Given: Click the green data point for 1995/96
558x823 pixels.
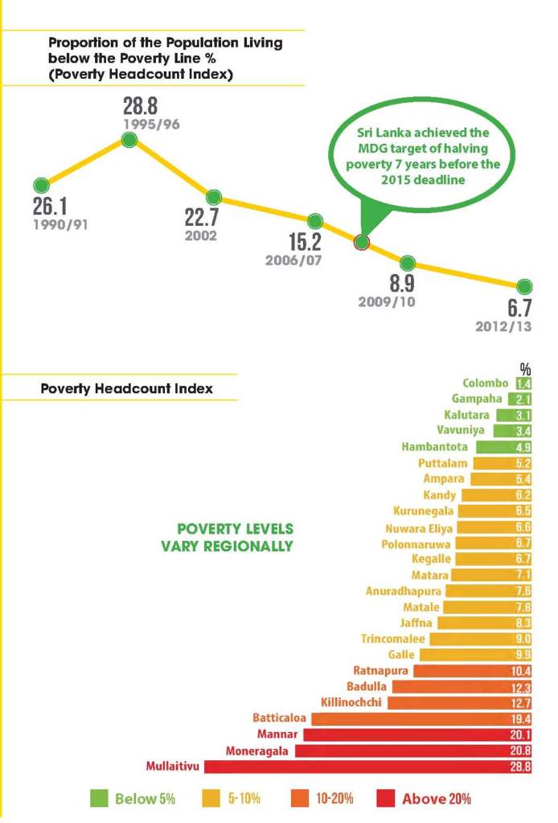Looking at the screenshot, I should pos(129,141).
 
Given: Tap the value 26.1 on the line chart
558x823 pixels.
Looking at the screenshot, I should pos(51,203).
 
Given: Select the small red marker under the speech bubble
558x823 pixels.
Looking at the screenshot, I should pos(362,243).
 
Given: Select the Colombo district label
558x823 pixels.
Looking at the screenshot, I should pos(486,383).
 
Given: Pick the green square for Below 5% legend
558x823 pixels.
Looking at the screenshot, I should pos(99,798).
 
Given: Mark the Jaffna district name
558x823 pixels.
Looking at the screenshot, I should pos(418,622).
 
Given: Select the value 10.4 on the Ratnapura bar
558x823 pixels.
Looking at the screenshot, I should pos(523,670).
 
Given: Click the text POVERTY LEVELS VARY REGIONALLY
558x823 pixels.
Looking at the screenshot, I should pos(235,538).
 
